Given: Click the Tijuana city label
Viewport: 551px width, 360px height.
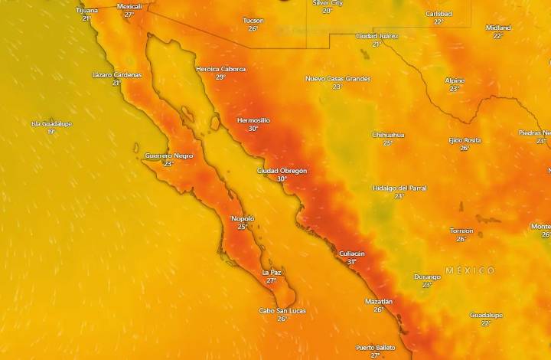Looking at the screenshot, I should click(x=87, y=11).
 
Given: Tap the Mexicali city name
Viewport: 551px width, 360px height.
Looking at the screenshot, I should click(x=129, y=6).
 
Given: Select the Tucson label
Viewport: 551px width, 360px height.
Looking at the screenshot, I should click(x=253, y=20).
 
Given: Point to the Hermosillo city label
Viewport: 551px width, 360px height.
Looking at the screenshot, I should click(x=253, y=120).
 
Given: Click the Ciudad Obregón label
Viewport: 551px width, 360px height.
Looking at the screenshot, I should click(x=282, y=171).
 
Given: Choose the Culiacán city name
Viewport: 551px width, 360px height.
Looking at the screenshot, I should click(x=352, y=254).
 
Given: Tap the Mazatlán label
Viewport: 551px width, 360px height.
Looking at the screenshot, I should click(x=379, y=302).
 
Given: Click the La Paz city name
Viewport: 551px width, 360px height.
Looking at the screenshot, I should click(x=272, y=272).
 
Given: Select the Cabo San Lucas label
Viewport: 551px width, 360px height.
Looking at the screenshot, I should click(x=282, y=310).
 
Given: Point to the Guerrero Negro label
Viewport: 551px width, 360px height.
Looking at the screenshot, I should click(x=169, y=155).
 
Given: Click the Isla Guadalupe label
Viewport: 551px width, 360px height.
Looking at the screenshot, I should click(x=51, y=123).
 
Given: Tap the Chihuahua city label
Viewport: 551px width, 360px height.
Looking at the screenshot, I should click(x=388, y=135).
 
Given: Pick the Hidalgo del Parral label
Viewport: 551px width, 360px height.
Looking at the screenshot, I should click(x=399, y=188).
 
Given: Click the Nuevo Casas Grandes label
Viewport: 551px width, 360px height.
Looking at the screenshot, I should click(x=337, y=78).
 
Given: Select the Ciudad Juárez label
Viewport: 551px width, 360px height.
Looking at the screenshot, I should click(x=377, y=36).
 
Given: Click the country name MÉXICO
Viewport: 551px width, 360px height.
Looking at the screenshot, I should click(x=470, y=270).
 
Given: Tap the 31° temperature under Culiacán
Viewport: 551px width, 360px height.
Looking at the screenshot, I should click(x=352, y=262).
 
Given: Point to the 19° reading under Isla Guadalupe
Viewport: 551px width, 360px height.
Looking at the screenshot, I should click(x=51, y=132).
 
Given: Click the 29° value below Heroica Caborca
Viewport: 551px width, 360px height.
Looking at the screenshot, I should click(x=220, y=77).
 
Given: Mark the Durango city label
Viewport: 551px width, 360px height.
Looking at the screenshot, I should click(x=427, y=277).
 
